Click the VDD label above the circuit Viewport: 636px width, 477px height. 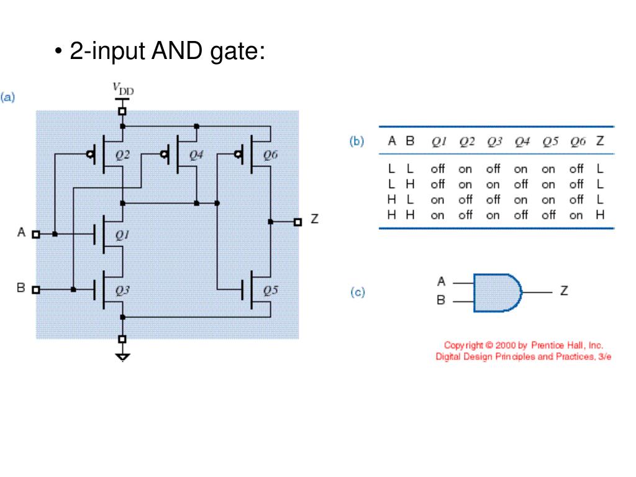(123, 89)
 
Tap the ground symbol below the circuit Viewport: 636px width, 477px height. (122, 357)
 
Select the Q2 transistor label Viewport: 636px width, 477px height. (122, 155)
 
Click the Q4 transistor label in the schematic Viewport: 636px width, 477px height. (196, 155)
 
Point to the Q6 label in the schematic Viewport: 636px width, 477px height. (271, 155)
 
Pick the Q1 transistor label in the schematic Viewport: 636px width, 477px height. (122, 235)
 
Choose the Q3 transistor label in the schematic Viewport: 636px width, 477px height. (122, 291)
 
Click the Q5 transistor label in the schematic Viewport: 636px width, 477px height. (271, 291)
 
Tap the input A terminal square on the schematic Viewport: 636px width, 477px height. (35, 234)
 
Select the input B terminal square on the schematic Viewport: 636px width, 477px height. (35, 289)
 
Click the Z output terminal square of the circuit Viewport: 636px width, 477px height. (298, 222)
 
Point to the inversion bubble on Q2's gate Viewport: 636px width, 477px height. (90, 154)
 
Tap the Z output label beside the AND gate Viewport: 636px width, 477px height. (564, 291)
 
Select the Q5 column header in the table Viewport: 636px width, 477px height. (550, 142)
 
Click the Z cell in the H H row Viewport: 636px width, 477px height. (600, 214)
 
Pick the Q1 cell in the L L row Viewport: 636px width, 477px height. (438, 168)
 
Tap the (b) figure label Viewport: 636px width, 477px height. (357, 141)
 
